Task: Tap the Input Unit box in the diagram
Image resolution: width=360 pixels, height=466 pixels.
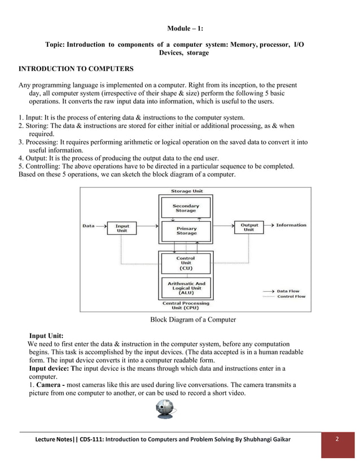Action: [122, 228]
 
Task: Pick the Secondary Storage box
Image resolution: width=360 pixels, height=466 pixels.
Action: [186, 208]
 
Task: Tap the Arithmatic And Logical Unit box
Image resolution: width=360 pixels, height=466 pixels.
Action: [186, 288]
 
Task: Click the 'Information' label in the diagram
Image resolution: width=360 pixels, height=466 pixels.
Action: [291, 225]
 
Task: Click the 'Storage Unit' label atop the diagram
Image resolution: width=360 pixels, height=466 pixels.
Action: [186, 191]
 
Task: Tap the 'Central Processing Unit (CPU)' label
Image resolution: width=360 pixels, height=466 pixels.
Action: [186, 305]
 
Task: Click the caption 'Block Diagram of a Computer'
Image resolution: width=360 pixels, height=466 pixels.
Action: [192, 320]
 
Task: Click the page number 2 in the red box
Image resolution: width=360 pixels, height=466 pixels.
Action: [337, 439]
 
